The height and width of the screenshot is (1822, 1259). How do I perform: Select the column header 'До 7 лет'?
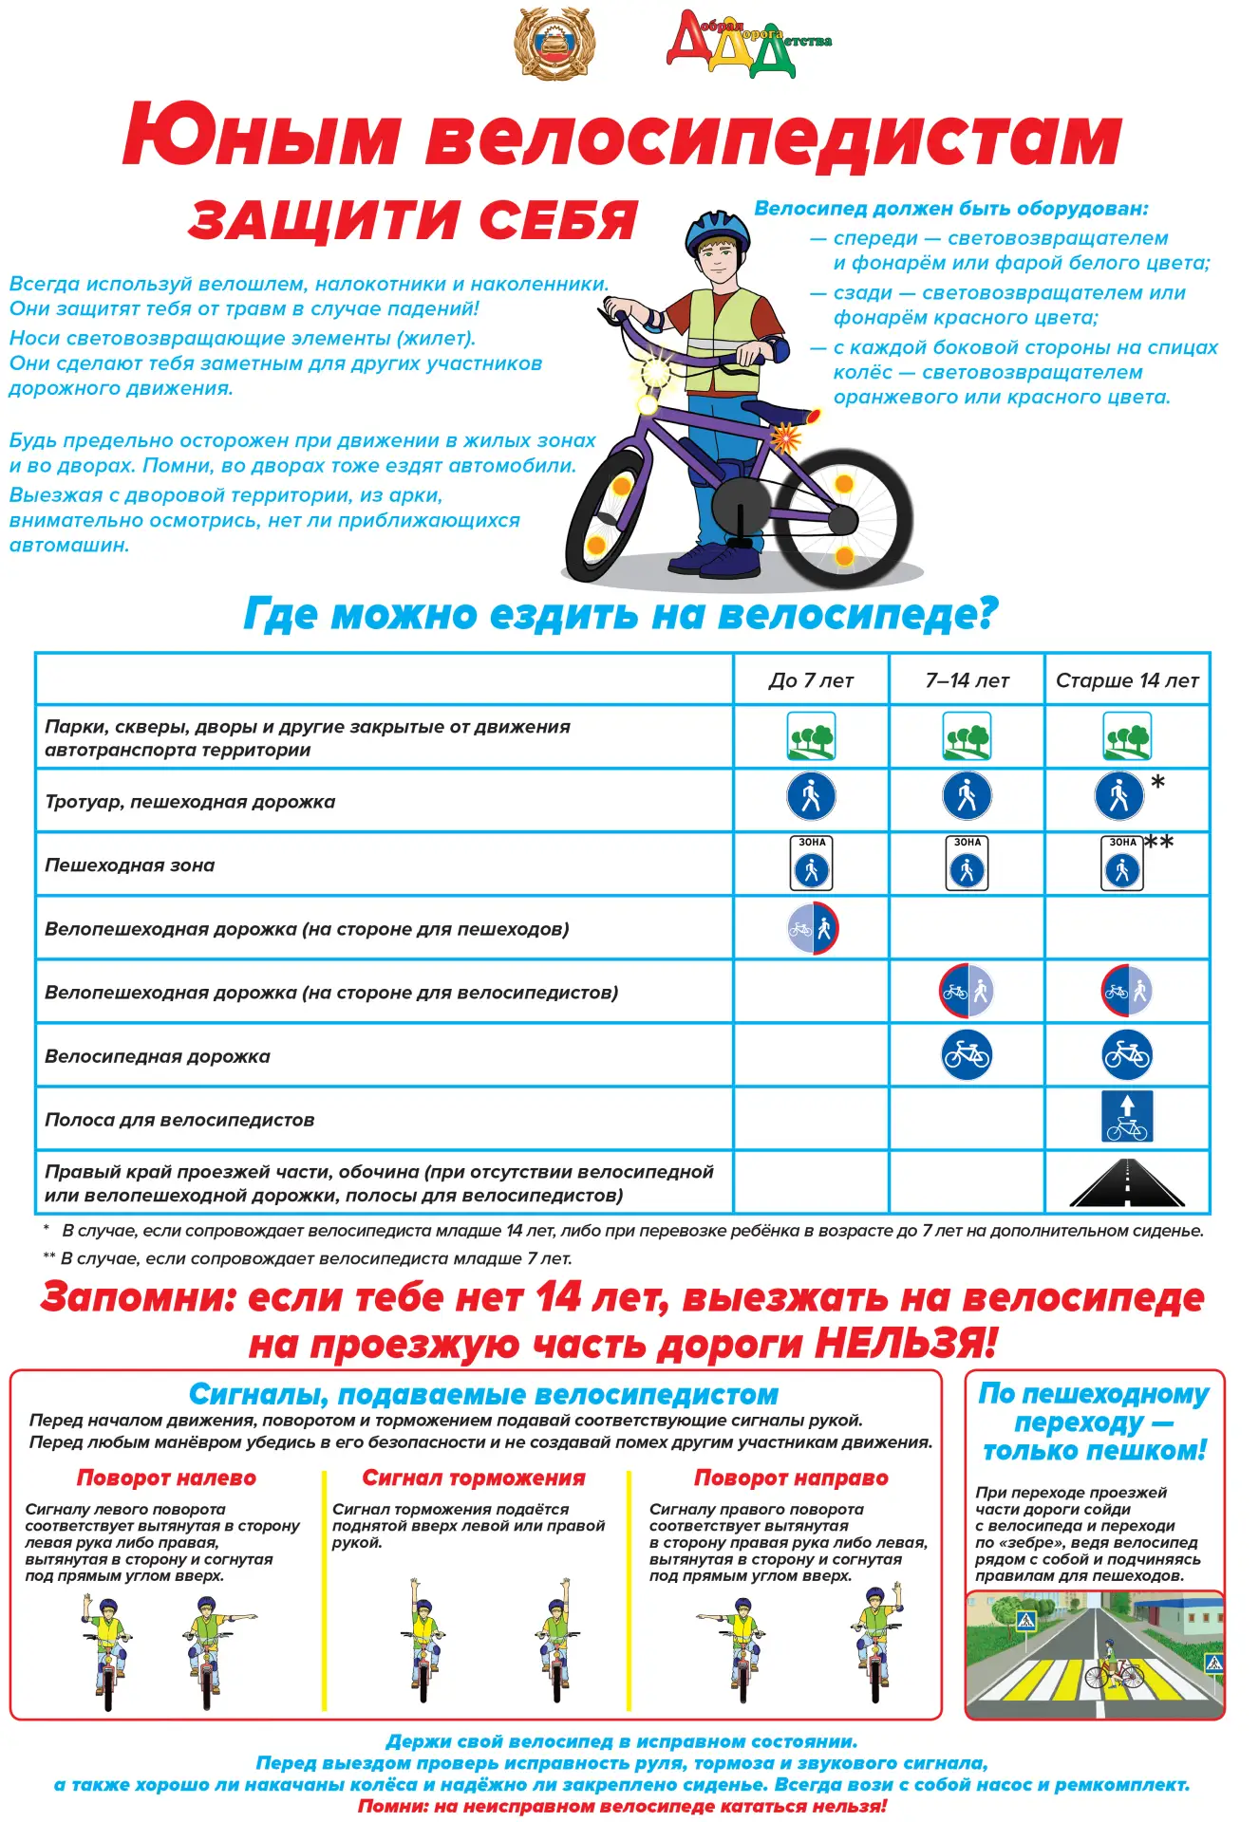(x=811, y=680)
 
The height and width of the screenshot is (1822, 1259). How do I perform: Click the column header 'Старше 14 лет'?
(x=1127, y=680)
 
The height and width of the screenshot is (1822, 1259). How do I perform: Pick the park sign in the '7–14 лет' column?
(x=967, y=736)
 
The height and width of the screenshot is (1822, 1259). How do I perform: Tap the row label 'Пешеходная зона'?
(x=130, y=865)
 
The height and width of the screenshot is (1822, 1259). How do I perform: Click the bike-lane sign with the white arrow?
(x=1127, y=1117)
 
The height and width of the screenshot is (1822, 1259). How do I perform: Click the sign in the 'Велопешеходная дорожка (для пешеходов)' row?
(x=813, y=929)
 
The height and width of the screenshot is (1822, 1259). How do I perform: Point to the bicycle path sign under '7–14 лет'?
(x=967, y=1055)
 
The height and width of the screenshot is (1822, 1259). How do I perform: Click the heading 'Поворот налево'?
(x=166, y=1478)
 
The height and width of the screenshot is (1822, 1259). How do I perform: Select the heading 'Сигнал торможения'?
(x=474, y=1478)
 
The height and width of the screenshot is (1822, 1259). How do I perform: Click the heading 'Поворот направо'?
(x=791, y=1478)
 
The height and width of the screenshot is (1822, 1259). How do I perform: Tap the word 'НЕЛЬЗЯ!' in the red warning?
(x=906, y=1344)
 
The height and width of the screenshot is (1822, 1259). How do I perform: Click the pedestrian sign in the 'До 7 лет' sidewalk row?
(x=811, y=796)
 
